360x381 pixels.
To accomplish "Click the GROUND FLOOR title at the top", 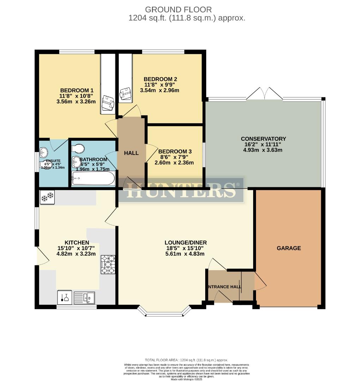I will point(178,10).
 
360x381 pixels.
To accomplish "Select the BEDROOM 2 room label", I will point(160,79).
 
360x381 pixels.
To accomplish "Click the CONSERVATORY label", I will point(263,139).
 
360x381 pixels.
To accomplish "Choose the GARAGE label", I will point(289,248).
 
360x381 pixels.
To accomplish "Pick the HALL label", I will point(131,153).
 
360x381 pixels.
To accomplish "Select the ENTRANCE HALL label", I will point(225,286).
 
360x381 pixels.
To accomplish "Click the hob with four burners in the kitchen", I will point(108,264).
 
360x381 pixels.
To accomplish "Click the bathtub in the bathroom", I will point(93,179).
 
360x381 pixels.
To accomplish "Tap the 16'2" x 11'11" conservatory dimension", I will point(263,144).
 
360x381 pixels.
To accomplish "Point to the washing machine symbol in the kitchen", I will point(65,297).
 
